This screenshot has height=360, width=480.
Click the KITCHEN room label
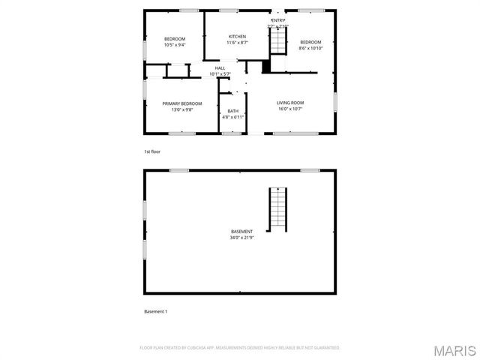point(237,37)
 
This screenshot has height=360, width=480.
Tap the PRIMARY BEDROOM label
point(182,103)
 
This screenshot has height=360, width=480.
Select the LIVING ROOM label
point(289,103)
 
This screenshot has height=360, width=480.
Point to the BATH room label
point(233,112)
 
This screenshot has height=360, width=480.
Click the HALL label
point(220,68)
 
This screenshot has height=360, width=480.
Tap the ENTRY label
point(278,20)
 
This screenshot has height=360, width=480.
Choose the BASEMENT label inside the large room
point(241,232)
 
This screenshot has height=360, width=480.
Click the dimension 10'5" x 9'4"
point(175,45)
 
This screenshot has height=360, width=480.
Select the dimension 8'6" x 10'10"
point(310,48)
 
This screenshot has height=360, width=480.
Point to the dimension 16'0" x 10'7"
point(289,109)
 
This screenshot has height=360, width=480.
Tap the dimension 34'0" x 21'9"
point(241,238)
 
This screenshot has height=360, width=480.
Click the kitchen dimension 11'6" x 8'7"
point(237,43)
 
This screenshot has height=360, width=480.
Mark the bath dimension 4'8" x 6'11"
point(233,118)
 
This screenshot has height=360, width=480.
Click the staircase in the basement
point(278,208)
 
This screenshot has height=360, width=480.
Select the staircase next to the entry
point(279,40)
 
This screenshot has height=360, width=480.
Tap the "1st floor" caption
point(152,151)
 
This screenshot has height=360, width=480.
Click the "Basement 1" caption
point(155,310)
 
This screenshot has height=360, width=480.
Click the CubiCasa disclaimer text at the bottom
point(240,348)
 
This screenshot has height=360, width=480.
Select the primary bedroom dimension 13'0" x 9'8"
point(182,109)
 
